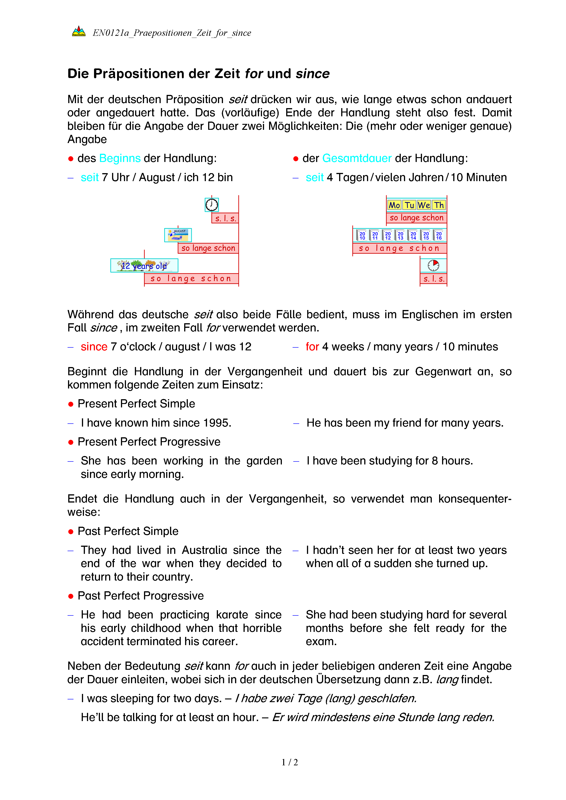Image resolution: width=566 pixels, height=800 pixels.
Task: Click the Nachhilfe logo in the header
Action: (x=79, y=32)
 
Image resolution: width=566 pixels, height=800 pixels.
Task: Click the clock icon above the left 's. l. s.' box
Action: (x=212, y=205)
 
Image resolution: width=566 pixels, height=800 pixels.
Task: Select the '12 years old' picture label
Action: (x=144, y=266)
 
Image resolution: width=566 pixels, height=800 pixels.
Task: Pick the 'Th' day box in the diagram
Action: (x=439, y=205)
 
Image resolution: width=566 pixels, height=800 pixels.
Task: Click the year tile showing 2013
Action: (x=401, y=236)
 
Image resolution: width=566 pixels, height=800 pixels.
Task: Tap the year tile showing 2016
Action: (x=439, y=236)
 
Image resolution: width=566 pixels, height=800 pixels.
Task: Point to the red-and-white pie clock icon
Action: (x=433, y=266)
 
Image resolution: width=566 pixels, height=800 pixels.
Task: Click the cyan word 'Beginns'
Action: (x=120, y=159)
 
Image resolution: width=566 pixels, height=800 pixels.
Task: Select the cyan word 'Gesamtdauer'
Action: (x=357, y=159)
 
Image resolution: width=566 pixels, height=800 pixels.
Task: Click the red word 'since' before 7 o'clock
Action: (x=94, y=347)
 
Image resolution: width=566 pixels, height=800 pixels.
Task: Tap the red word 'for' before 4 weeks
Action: (x=312, y=347)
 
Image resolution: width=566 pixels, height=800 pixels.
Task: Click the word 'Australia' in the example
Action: (x=204, y=550)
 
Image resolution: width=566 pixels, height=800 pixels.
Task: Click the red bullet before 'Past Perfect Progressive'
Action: (x=71, y=597)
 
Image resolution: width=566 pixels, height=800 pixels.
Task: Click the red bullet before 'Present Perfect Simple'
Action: (x=71, y=404)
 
